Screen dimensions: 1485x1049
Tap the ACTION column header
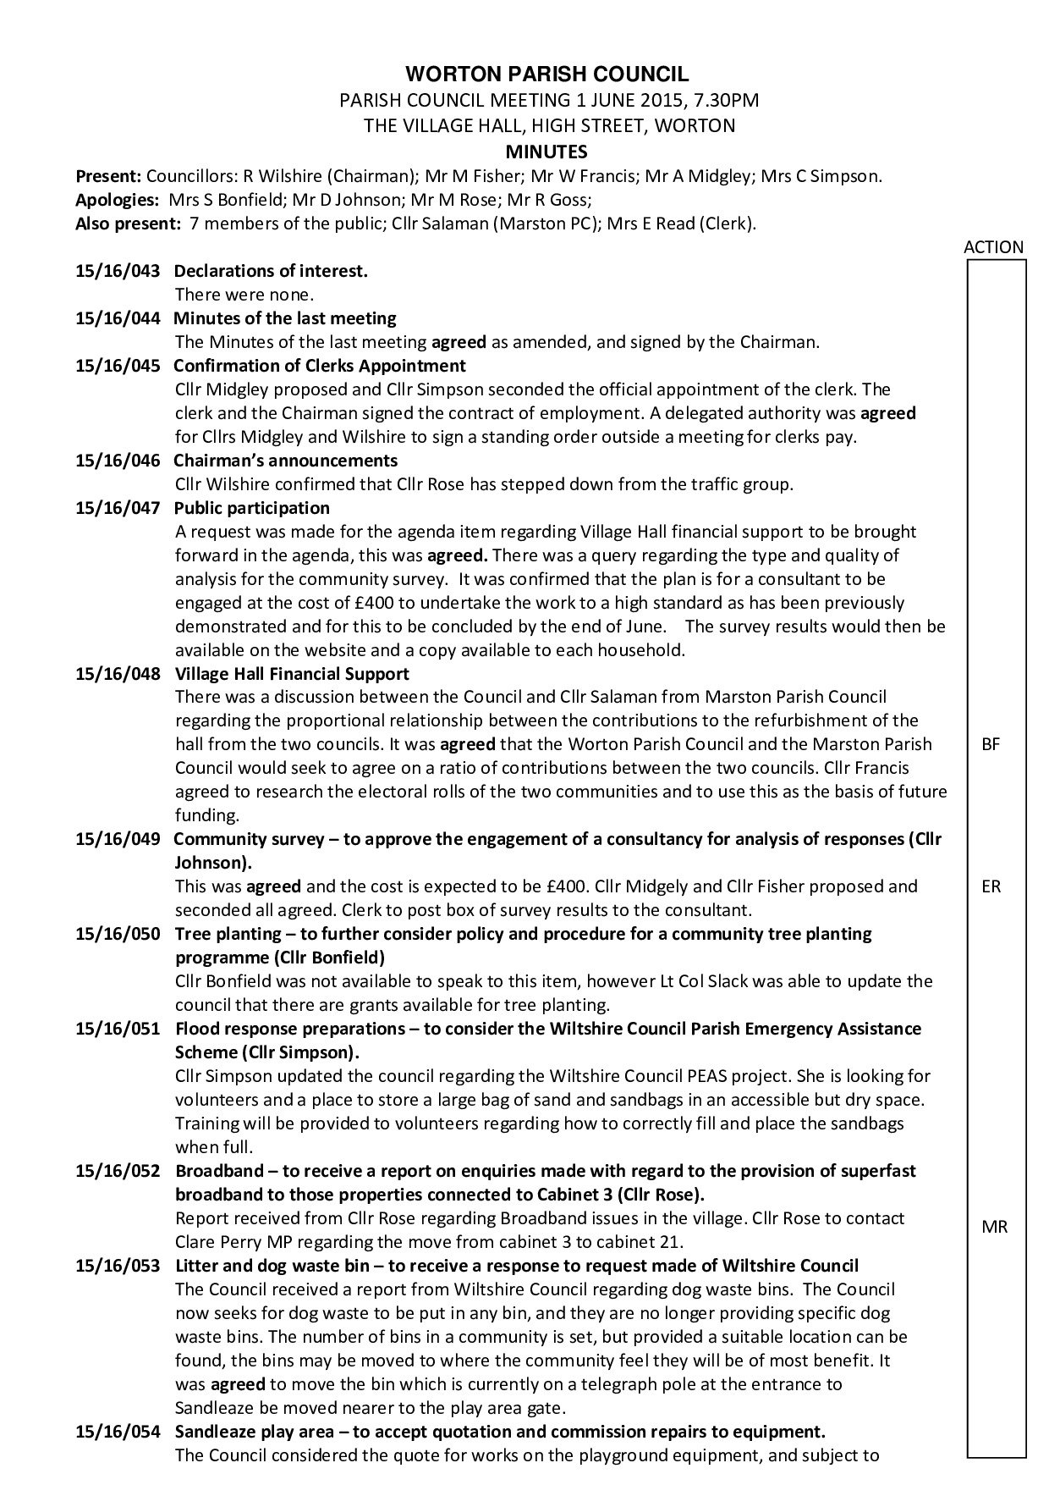pos(993,247)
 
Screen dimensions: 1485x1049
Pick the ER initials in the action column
pos(991,887)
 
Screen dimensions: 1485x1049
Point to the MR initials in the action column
pos(994,1227)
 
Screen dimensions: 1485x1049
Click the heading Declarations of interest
pos(271,272)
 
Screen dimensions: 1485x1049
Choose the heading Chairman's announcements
pos(285,461)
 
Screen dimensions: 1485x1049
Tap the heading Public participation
pos(252,508)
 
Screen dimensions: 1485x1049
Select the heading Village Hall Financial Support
pos(292,674)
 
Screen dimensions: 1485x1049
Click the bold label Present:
pos(108,177)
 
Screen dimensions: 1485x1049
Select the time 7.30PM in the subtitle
pos(725,101)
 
